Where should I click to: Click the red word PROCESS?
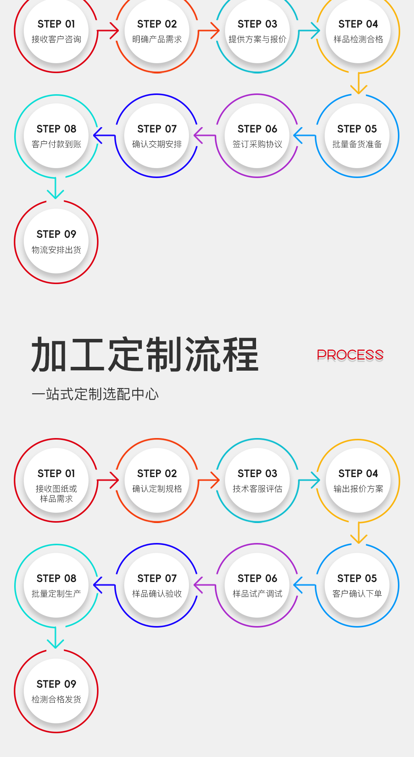pyautogui.click(x=350, y=355)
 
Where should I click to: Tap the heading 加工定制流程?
pyautogui.click(x=145, y=355)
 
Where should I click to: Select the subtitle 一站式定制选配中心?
pyautogui.click(x=95, y=394)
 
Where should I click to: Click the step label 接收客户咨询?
pyautogui.click(x=56, y=39)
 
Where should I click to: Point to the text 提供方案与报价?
pyautogui.click(x=257, y=39)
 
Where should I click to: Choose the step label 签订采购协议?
pyautogui.click(x=257, y=144)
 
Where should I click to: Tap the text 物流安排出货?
pyautogui.click(x=56, y=250)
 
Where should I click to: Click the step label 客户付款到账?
pyautogui.click(x=56, y=144)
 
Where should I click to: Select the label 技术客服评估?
pyautogui.click(x=257, y=489)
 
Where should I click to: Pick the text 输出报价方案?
pyautogui.click(x=358, y=489)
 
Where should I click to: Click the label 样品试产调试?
pyautogui.click(x=257, y=594)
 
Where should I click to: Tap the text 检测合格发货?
pyautogui.click(x=56, y=700)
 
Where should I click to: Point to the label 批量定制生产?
pyautogui.click(x=56, y=594)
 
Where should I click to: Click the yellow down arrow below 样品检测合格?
pyautogui.click(x=358, y=84)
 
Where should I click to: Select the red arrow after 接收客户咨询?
pyautogui.click(x=108, y=31)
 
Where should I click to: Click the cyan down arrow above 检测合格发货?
pyautogui.click(x=56, y=638)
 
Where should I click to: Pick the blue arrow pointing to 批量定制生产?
pyautogui.click(x=104, y=585)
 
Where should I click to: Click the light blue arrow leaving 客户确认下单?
pyautogui.click(x=304, y=585)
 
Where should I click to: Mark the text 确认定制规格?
pyautogui.click(x=157, y=489)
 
